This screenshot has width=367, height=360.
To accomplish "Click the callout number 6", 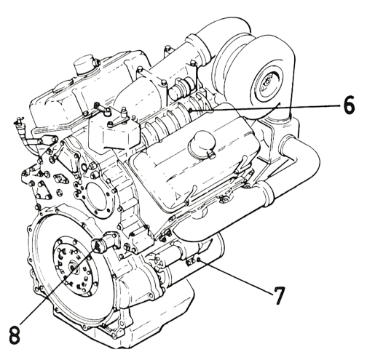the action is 349,105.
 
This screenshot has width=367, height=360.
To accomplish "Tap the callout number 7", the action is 277,295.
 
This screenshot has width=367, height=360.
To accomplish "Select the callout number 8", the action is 15,335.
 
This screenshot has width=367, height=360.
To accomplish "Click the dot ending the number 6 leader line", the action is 190,111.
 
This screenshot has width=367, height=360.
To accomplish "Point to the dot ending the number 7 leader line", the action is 199,260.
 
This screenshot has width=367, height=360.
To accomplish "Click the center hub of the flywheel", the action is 73,268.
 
